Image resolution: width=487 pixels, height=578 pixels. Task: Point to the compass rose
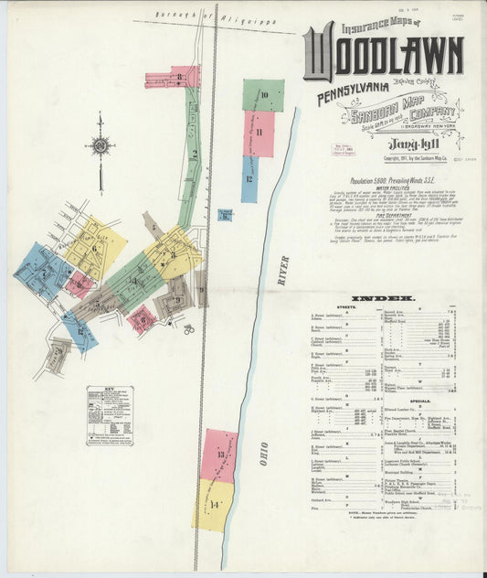pyautogui.click(x=100, y=145)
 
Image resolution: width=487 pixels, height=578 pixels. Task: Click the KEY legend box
pyautogui.click(x=110, y=415)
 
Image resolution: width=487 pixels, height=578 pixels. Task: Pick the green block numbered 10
pyautogui.click(x=263, y=95)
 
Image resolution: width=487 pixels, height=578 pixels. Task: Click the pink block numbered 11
pyautogui.click(x=259, y=134)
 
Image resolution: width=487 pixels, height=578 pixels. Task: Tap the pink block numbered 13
pyautogui.click(x=220, y=455)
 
